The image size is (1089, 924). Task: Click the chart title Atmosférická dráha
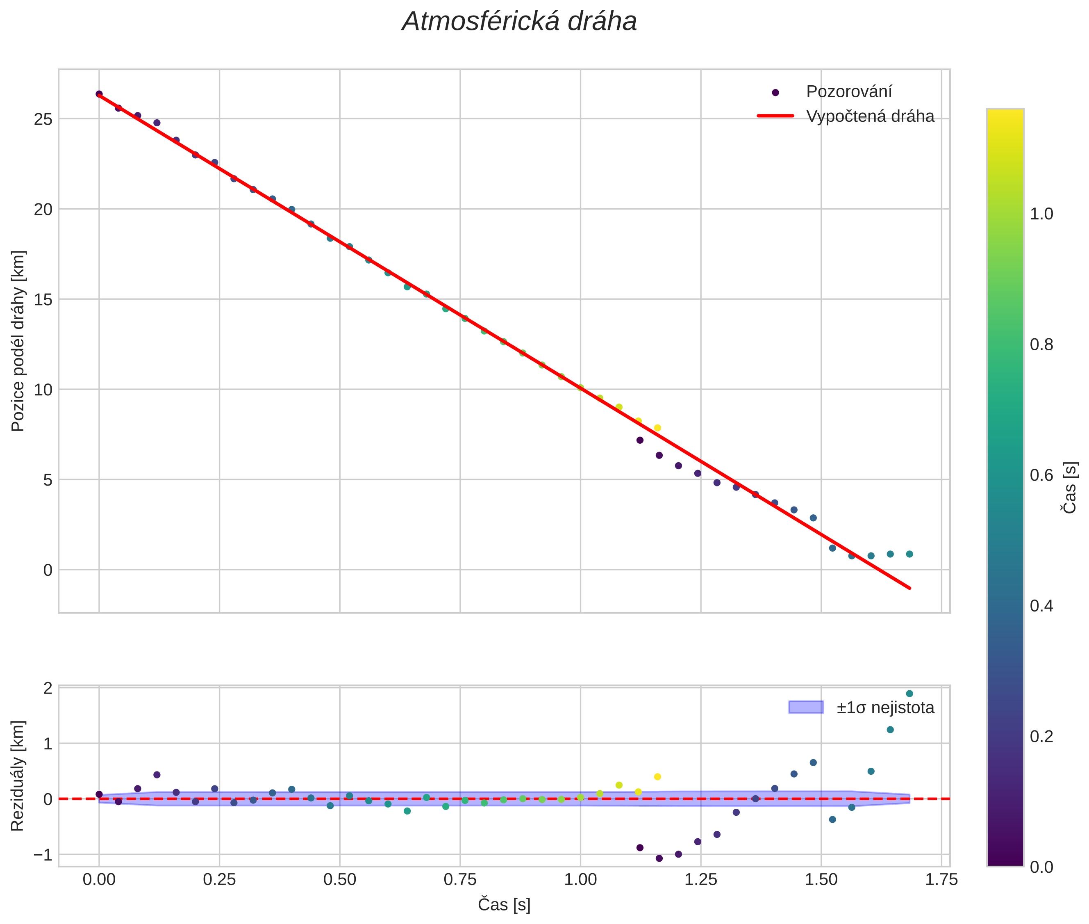point(519,22)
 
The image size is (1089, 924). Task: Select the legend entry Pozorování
point(848,92)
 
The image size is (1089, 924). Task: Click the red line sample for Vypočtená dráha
point(775,116)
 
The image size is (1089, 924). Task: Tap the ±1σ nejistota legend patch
point(806,707)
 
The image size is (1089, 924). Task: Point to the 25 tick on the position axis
point(43,119)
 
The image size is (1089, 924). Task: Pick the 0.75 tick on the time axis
point(460,879)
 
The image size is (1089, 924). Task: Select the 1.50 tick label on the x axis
point(821,879)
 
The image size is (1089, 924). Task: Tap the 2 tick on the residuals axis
point(48,688)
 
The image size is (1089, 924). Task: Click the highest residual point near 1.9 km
point(909,694)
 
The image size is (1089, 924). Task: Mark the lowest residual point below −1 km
point(659,858)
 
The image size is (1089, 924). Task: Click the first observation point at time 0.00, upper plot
point(99,94)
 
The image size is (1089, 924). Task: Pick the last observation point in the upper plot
point(909,554)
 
